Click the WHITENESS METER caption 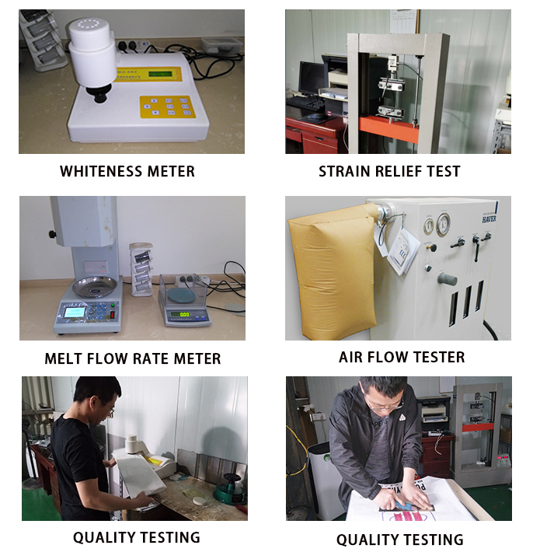coord(127,172)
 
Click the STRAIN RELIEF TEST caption coord(389,172)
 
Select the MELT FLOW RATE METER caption coord(133,358)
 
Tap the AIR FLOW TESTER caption coord(402,357)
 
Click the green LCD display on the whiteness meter coord(160,74)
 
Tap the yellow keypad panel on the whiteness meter coord(168,107)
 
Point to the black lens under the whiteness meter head coord(99,93)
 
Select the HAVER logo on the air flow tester coord(489,218)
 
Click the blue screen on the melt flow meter coord(75,313)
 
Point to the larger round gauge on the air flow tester coord(443,223)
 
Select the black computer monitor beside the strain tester coord(312,78)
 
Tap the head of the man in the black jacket coord(384,396)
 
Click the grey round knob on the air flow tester coord(447,279)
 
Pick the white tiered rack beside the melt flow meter coord(141,268)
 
